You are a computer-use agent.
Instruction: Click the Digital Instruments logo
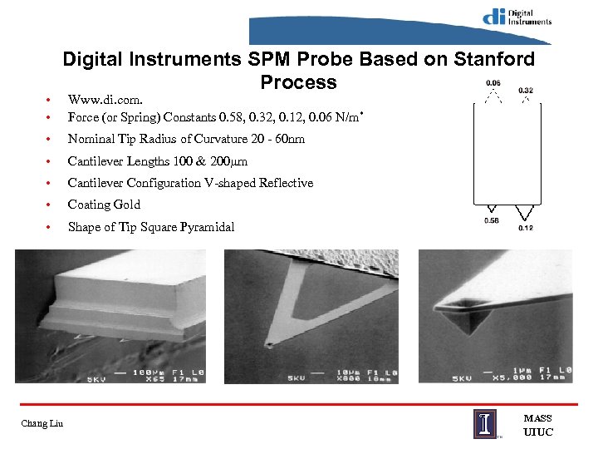click(517, 17)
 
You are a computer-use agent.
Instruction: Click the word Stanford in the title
click(494, 60)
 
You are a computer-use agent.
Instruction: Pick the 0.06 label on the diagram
click(493, 83)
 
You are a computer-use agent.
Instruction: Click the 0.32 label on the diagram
click(526, 91)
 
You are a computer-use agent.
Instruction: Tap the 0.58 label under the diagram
click(493, 220)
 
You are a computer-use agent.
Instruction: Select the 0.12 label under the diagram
click(526, 228)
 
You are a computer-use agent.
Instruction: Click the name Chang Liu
click(42, 426)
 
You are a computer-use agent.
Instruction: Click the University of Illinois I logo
click(487, 423)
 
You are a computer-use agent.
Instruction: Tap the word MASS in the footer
click(537, 418)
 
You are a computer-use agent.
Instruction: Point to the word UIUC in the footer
click(537, 432)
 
